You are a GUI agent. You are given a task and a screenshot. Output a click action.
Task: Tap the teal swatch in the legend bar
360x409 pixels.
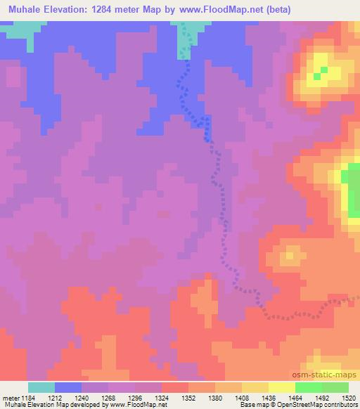pyautogui.click(x=41, y=387)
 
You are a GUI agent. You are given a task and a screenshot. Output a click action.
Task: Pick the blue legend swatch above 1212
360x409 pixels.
pyautogui.click(x=68, y=387)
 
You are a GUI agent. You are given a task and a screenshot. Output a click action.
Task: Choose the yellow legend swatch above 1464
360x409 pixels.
pyautogui.click(x=282, y=387)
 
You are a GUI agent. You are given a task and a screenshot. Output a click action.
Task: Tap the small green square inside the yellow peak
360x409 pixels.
pyautogui.click(x=323, y=71)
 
